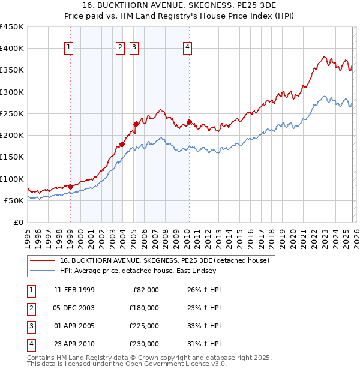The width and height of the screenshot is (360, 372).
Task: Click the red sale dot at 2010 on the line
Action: tap(189, 122)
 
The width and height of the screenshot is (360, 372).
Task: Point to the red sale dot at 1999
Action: tap(70, 187)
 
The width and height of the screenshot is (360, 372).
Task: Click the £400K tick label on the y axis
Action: tap(11, 49)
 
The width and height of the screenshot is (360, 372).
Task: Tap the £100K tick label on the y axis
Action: tap(11, 179)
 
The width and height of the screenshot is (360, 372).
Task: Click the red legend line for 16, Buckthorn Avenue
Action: tap(43, 260)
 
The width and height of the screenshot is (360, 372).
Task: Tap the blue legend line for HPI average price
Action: tap(43, 271)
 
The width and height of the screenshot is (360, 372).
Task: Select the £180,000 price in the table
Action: tap(144, 308)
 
